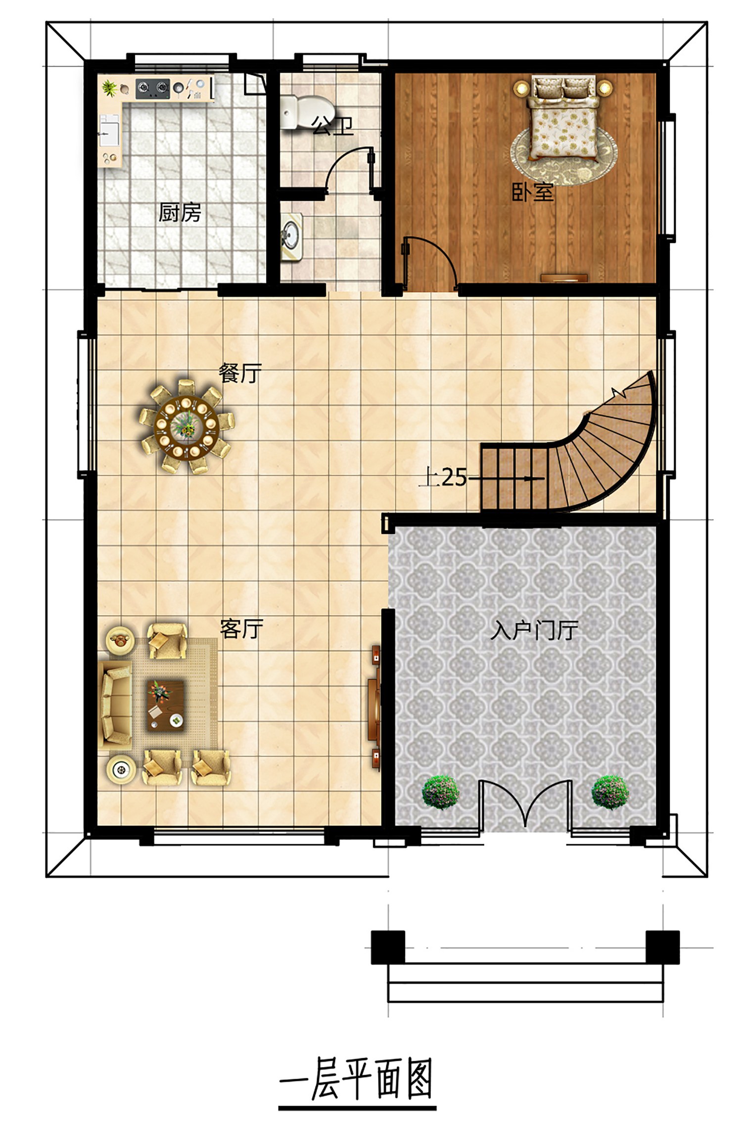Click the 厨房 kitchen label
pyautogui.click(x=180, y=213)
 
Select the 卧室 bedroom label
pyautogui.click(x=533, y=192)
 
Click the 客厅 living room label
pyautogui.click(x=241, y=629)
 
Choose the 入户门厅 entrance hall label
pyautogui.click(x=534, y=631)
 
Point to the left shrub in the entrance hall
pyautogui.click(x=440, y=793)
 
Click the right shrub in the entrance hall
pyautogui.click(x=611, y=792)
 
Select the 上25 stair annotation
pyautogui.click(x=443, y=477)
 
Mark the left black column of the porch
pyautogui.click(x=388, y=947)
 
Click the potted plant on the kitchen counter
pyautogui.click(x=109, y=89)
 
